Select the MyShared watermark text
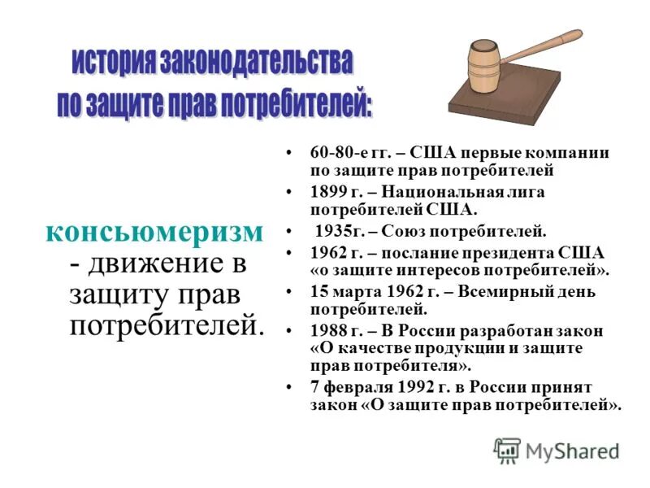coord(572,450)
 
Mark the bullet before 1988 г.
coord(290,330)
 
